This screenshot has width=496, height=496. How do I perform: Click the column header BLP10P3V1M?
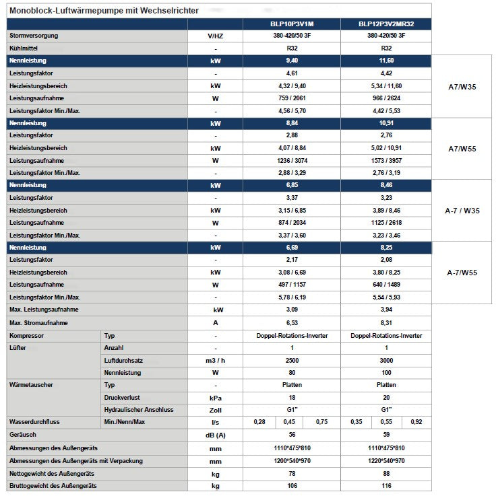[x=292, y=24]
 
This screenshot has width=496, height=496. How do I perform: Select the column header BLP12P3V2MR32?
[x=386, y=24]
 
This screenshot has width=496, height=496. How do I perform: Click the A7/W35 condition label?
[x=463, y=86]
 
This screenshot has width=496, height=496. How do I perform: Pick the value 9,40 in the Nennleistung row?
[x=292, y=61]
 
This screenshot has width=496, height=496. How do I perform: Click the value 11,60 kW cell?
[x=386, y=61]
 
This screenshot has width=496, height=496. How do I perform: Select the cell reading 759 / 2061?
[x=292, y=98]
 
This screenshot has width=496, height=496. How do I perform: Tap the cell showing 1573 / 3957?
[x=386, y=160]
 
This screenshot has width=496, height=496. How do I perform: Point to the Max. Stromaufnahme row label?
[x=37, y=323]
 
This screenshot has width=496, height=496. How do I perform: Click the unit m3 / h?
[x=215, y=360]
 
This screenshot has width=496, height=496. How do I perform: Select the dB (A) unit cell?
[x=215, y=435]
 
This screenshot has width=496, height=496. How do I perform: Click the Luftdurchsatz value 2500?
[x=292, y=360]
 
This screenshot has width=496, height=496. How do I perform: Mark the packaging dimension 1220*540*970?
[x=386, y=460]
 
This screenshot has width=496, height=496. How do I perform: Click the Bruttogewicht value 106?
[x=292, y=485]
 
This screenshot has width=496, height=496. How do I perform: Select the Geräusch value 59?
[x=386, y=435]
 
